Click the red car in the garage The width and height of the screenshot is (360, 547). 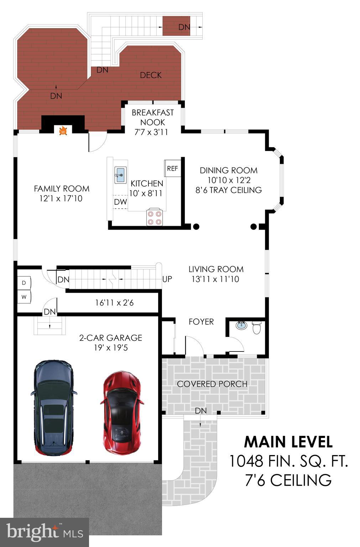pos(122,412)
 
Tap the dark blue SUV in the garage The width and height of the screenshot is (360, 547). pos(53,408)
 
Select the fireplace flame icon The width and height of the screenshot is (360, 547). pos(63,131)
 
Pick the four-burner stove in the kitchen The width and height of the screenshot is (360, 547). pos(154,217)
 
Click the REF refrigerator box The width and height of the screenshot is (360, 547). pos(172,168)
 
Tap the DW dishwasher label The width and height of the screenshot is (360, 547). pos(121,202)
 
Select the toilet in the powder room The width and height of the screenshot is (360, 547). pos(257,328)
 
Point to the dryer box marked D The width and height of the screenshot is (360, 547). pos(24,283)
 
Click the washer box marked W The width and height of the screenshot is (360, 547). pos(24,297)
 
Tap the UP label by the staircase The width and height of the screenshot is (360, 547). pos(167,279)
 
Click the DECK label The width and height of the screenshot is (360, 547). pos(151,75)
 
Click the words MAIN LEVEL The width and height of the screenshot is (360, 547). pos(288,442)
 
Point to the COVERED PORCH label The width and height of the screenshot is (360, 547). pos(212,384)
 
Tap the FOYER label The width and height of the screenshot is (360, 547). pos(201,322)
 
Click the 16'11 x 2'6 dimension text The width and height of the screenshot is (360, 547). pos(114,303)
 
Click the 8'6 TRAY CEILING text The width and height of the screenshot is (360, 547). pos(229,190)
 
